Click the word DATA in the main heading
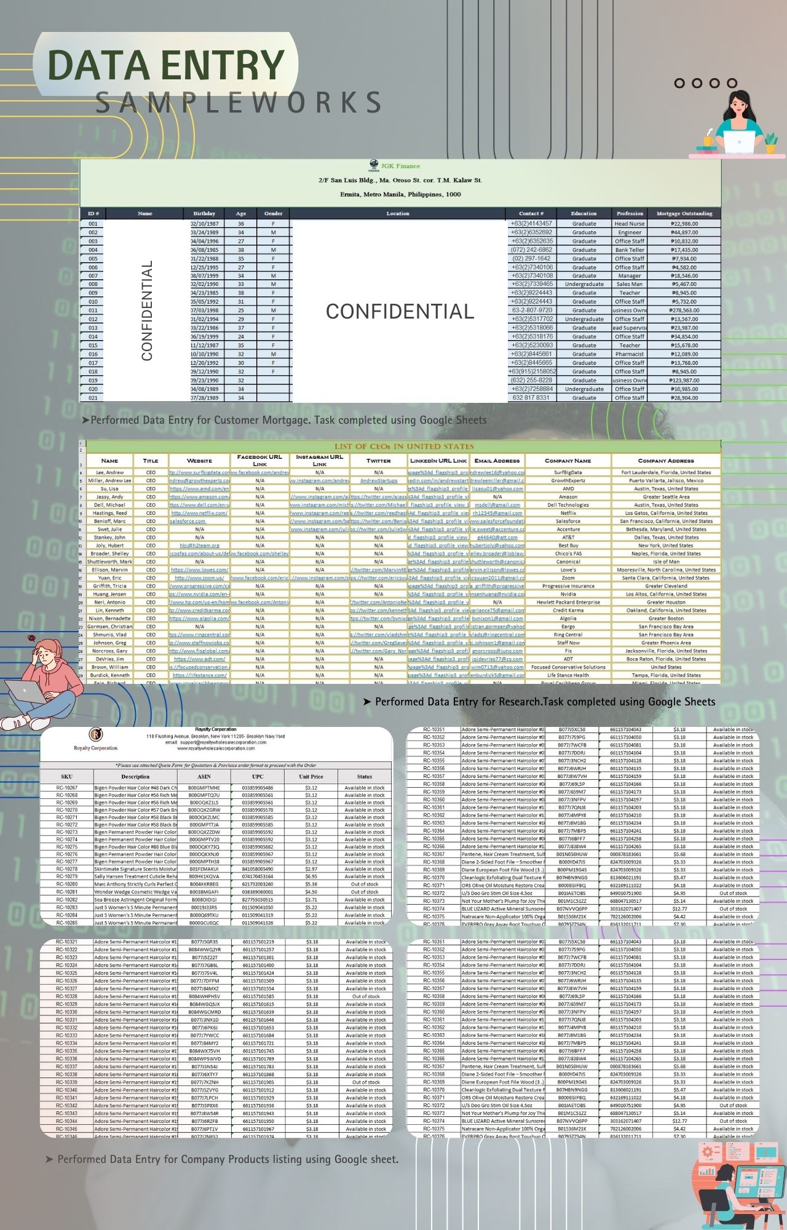click(x=98, y=65)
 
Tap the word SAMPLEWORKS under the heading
click(x=239, y=103)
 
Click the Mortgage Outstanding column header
click(x=684, y=213)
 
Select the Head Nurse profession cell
click(x=630, y=224)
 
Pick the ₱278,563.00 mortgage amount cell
click(x=684, y=311)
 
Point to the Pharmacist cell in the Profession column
click(x=630, y=354)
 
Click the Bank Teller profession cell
click(x=630, y=250)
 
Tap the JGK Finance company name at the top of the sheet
click(x=400, y=166)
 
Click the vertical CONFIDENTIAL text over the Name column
click(x=147, y=311)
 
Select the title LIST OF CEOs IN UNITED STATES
click(x=404, y=446)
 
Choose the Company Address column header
click(x=666, y=461)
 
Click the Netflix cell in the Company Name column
click(x=568, y=513)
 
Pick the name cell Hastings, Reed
click(x=110, y=513)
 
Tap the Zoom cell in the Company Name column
click(x=568, y=578)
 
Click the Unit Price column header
click(x=311, y=777)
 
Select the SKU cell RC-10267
click(x=67, y=788)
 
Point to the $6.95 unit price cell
click(x=311, y=876)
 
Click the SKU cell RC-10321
click(x=67, y=942)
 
